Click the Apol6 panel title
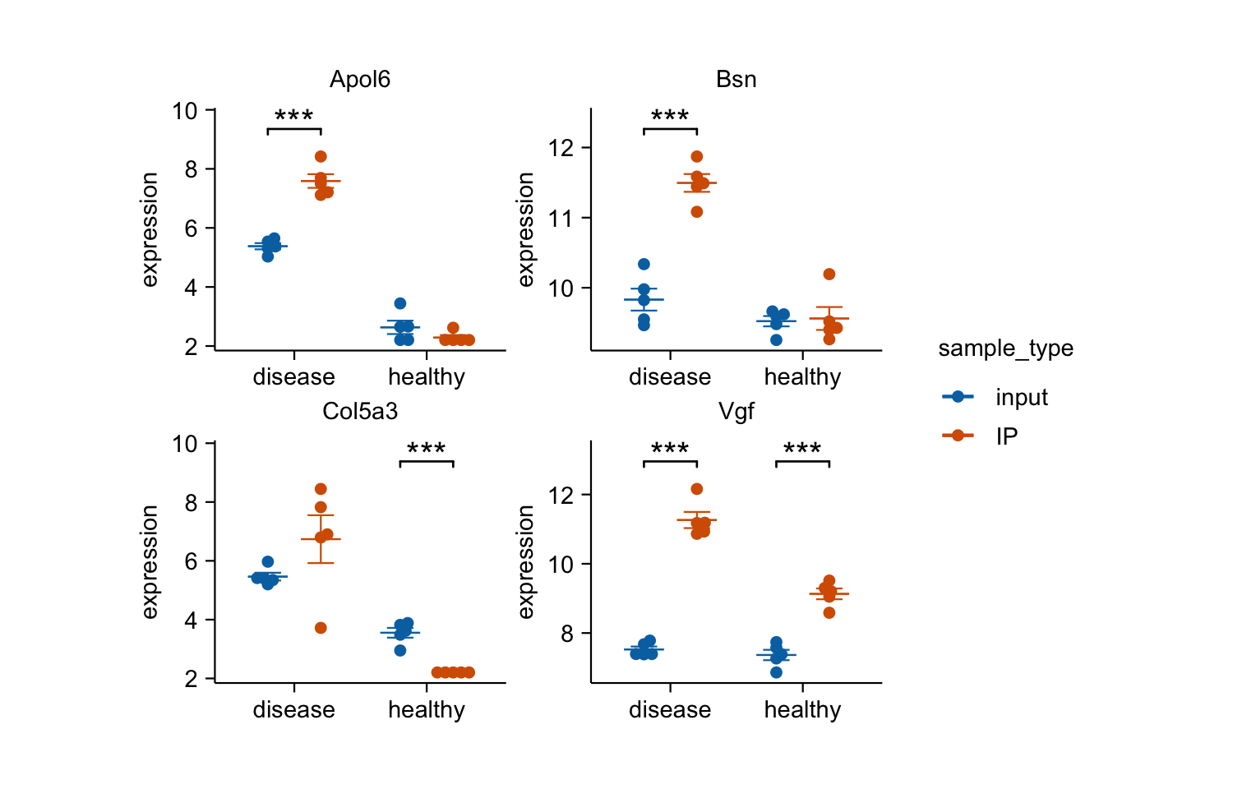pyautogui.click(x=359, y=80)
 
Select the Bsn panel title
pyautogui.click(x=736, y=80)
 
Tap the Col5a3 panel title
pyautogui.click(x=359, y=412)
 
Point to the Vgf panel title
pyautogui.click(x=736, y=412)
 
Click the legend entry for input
pyautogui.click(x=1022, y=397)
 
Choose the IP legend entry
pyautogui.click(x=1007, y=436)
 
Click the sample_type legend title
pyautogui.click(x=1005, y=348)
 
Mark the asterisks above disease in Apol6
pyautogui.click(x=294, y=117)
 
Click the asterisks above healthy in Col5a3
pyautogui.click(x=427, y=450)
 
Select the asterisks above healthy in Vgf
pyautogui.click(x=802, y=450)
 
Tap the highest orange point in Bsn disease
pyautogui.click(x=697, y=156)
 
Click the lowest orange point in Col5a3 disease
pyautogui.click(x=321, y=628)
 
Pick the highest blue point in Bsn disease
pyautogui.click(x=644, y=264)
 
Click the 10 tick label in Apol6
pyautogui.click(x=186, y=111)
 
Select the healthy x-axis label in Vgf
pyautogui.click(x=802, y=710)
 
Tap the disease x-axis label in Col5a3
pyautogui.click(x=294, y=710)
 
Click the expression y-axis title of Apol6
pyautogui.click(x=150, y=229)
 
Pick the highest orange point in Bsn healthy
pyautogui.click(x=829, y=274)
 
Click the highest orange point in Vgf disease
pyautogui.click(x=697, y=489)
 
